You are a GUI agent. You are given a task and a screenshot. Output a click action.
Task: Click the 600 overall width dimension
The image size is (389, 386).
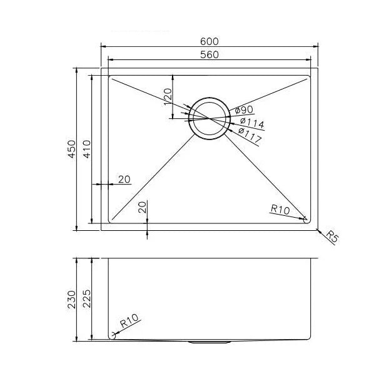coord(210,41)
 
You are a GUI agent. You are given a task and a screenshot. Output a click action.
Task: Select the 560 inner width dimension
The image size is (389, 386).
coord(210,54)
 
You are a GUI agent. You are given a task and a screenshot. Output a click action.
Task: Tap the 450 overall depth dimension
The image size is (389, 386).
coord(72,149)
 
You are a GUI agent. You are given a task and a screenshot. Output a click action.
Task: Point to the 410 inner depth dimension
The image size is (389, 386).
coord(87,149)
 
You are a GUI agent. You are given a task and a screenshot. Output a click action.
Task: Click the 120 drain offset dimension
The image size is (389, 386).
coord(168,97)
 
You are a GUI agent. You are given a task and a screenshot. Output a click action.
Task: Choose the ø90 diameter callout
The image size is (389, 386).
coord(244,109)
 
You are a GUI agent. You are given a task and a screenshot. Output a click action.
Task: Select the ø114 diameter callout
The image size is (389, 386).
coord(252,123)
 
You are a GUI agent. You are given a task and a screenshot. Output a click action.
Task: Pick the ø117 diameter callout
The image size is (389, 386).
coord(250,135)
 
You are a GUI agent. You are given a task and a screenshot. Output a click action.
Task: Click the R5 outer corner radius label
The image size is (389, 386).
coord(332,236)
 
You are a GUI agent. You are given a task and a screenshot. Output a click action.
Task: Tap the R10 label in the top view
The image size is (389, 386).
coord(280,209)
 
